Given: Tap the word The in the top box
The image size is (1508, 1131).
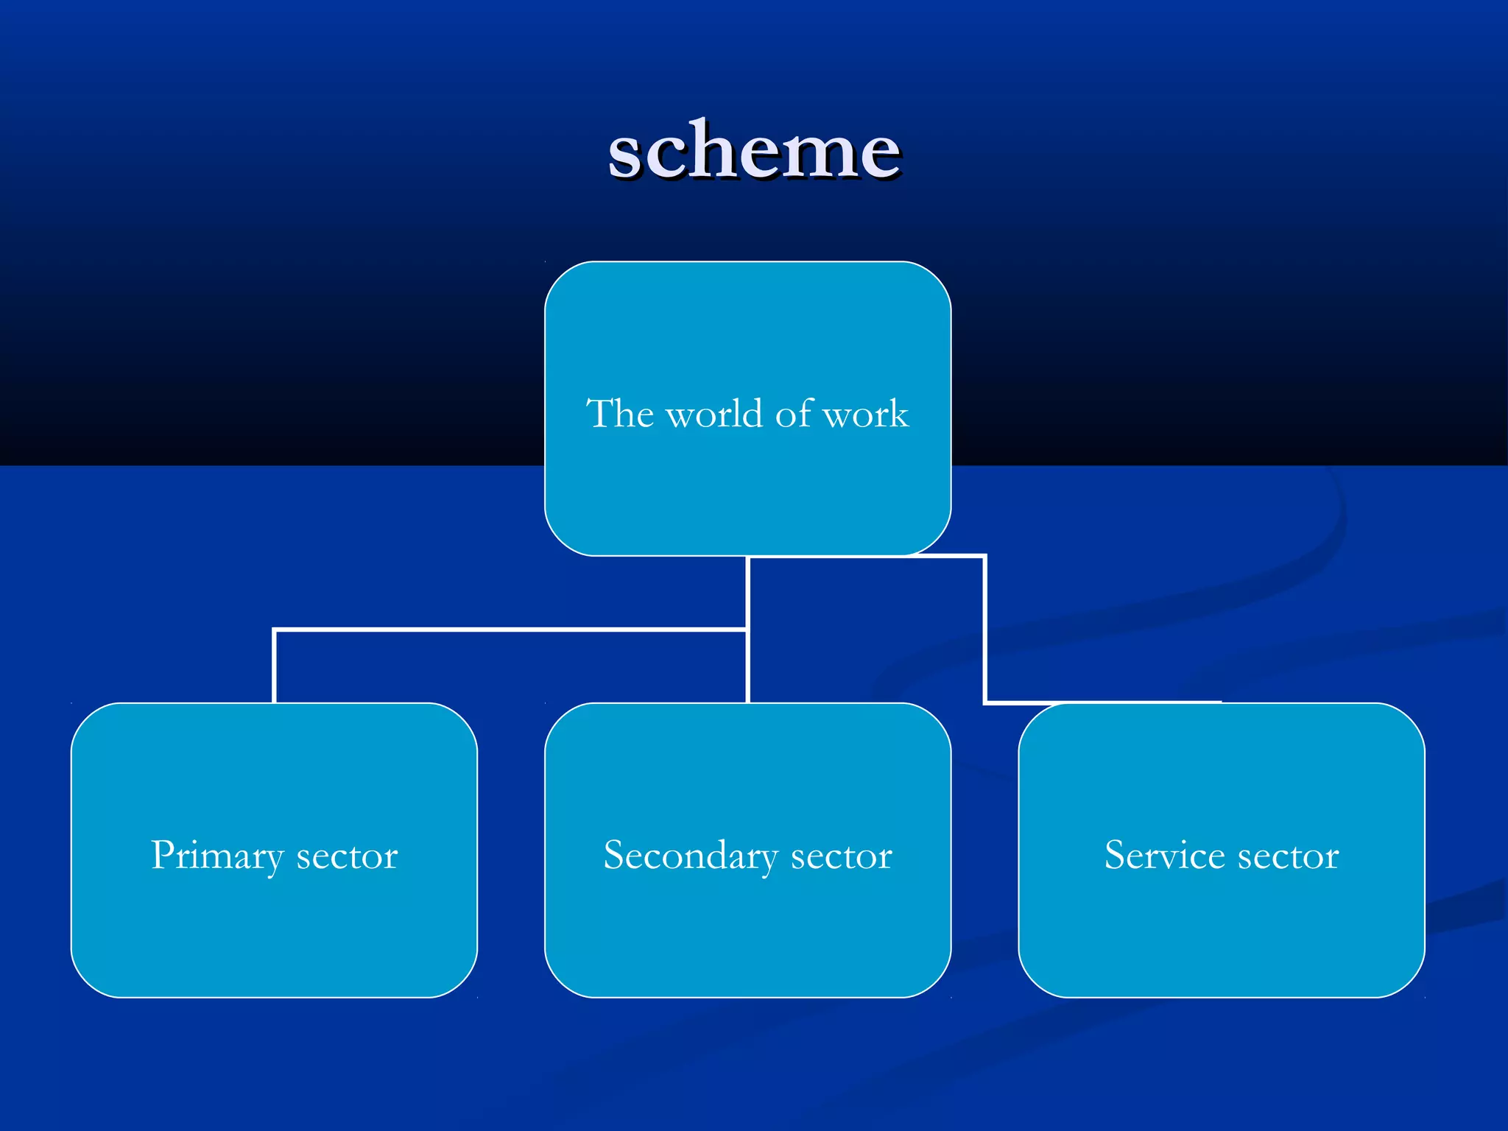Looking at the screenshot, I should (620, 414).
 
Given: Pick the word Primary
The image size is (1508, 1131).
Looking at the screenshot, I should (217, 856).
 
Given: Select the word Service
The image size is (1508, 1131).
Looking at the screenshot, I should (1164, 856).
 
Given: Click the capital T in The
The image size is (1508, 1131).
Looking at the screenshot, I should (599, 412).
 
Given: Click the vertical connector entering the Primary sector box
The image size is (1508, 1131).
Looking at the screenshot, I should (274, 666).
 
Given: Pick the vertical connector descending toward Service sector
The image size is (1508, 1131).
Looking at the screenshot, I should (984, 630).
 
